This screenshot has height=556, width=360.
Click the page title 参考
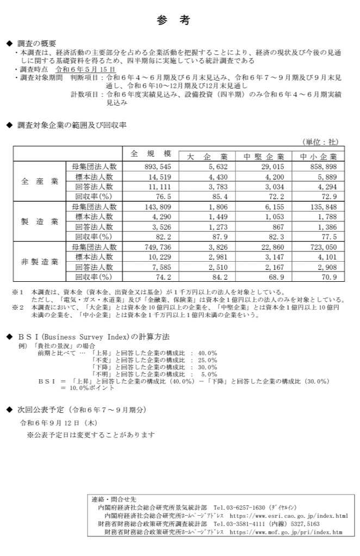(x=173, y=20)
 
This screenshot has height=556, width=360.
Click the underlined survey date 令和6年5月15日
(x=85, y=70)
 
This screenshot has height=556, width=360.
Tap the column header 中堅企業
(x=263, y=157)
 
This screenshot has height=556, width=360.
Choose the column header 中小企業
(x=319, y=157)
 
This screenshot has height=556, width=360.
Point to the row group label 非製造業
(x=40, y=262)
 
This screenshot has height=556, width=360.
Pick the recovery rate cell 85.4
(x=220, y=196)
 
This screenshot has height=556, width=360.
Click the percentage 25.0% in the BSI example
(x=207, y=360)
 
